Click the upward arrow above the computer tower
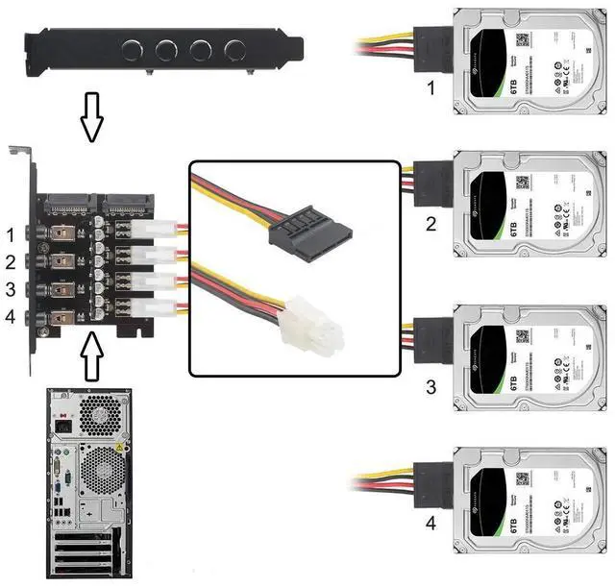pyautogui.click(x=92, y=355)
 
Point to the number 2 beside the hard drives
pyautogui.click(x=431, y=225)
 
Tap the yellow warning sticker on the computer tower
pyautogui.click(x=120, y=450)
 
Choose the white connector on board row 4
pyautogui.click(x=153, y=307)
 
